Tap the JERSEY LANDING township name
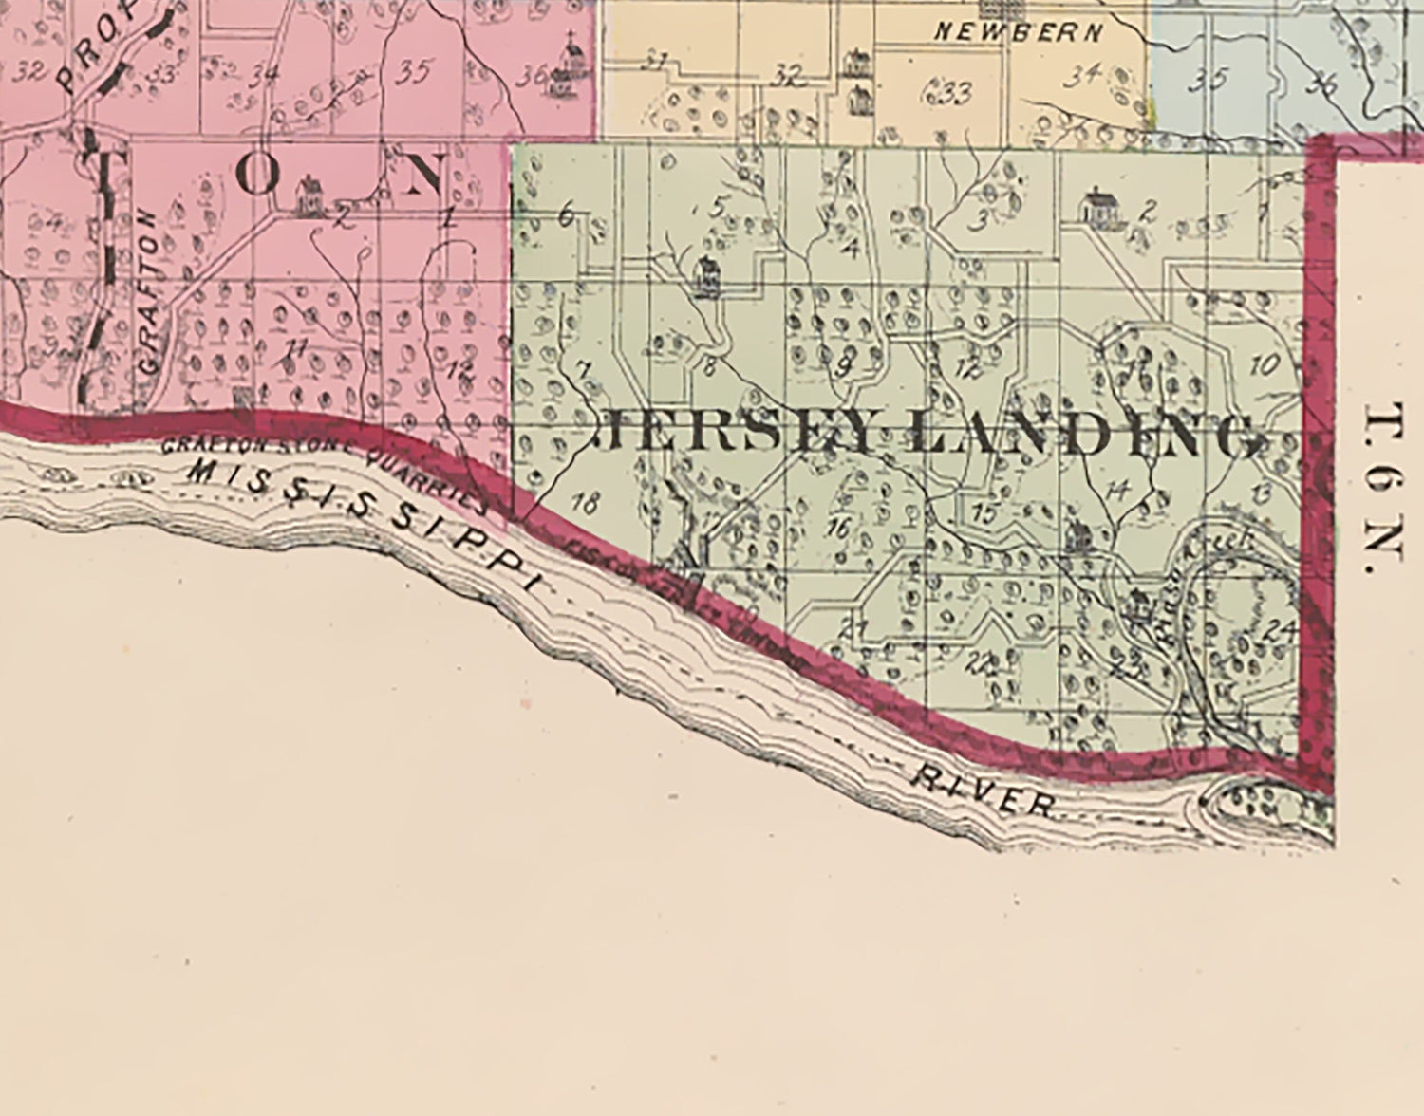929,436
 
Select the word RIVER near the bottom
983,791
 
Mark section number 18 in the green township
586,504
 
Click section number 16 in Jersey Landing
838,527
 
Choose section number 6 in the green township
566,216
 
